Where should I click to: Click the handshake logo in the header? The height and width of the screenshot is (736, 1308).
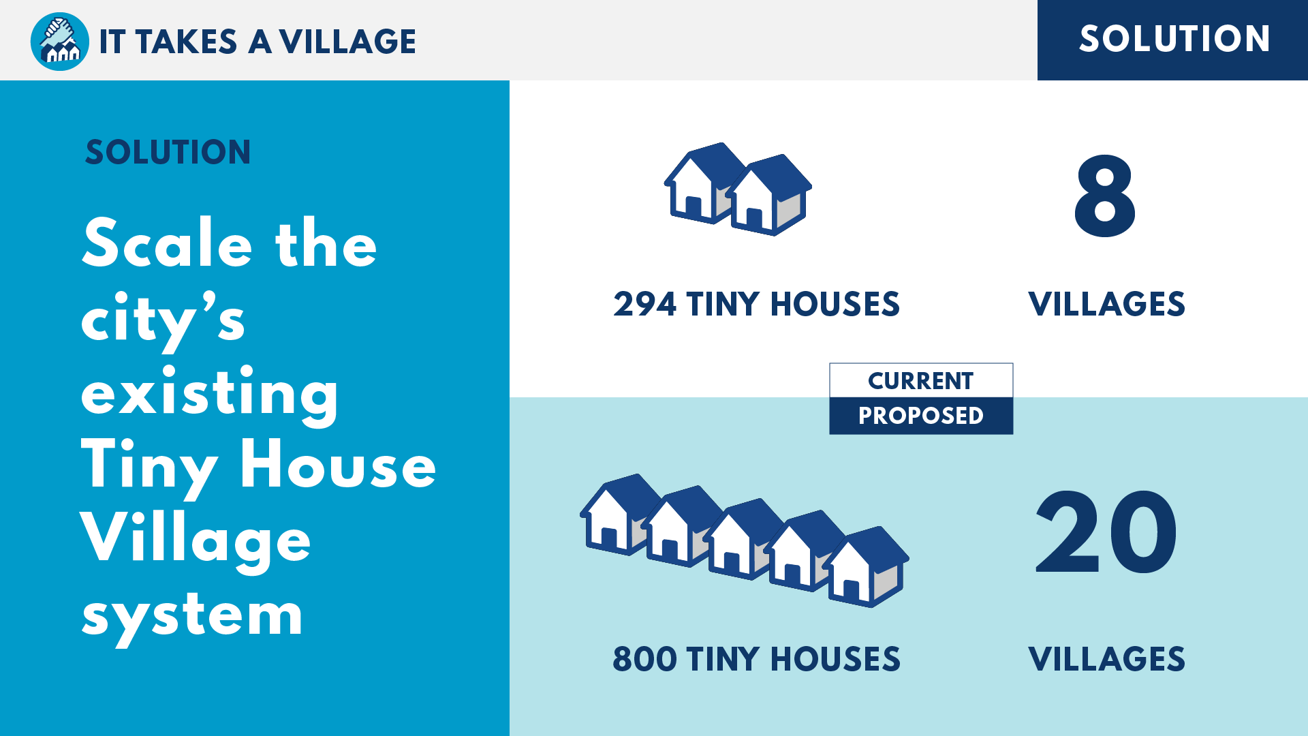pyautogui.click(x=60, y=41)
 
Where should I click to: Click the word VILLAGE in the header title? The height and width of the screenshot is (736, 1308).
pyautogui.click(x=347, y=42)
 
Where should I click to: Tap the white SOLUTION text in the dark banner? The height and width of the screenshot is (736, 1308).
pyautogui.click(x=1174, y=38)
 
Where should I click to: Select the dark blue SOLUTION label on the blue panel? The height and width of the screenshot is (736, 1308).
pyautogui.click(x=168, y=152)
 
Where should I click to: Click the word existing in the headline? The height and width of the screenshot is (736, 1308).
pyautogui.click(x=209, y=394)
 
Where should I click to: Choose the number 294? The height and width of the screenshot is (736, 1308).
pyautogui.click(x=644, y=304)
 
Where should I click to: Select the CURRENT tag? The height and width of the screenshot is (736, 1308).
pyautogui.click(x=921, y=380)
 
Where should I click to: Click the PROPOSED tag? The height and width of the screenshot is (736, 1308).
pyautogui.click(x=921, y=416)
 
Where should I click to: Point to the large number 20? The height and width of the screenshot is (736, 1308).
pyautogui.click(x=1106, y=532)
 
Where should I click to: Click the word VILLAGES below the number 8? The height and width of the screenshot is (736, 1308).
pyautogui.click(x=1106, y=304)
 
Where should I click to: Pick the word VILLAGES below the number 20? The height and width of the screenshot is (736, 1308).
pyautogui.click(x=1106, y=659)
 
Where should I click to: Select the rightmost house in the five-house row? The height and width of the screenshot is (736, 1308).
pyautogui.click(x=867, y=567)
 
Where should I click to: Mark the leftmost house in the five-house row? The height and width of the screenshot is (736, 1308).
pyautogui.click(x=619, y=515)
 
